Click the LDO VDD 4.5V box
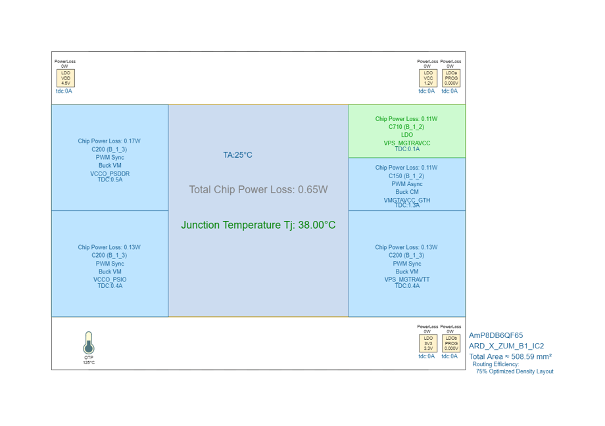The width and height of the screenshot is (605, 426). tap(65, 78)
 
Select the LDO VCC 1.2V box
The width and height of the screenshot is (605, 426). tap(428, 78)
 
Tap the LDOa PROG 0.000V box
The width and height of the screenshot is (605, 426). tap(451, 78)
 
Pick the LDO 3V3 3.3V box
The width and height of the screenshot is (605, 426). tap(428, 343)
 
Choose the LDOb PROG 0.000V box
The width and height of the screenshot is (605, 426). tap(451, 343)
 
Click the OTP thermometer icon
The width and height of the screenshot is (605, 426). tap(89, 343)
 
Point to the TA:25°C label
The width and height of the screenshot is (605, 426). tap(237, 155)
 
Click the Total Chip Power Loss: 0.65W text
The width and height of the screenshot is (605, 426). tap(258, 189)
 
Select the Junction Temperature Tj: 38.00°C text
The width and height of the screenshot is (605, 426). tap(258, 225)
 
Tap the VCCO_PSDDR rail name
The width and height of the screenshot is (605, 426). tap(110, 174)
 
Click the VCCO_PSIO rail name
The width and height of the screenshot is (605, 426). tap(110, 279)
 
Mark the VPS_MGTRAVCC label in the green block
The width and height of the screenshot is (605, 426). tap(407, 143)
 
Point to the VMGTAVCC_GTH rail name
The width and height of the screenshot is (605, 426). tap(407, 200)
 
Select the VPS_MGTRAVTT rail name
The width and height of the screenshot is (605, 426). tap(407, 279)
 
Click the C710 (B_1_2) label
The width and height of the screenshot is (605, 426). tap(406, 127)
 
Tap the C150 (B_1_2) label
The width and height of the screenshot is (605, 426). tap(406, 176)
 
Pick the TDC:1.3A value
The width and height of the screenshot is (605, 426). tap(407, 205)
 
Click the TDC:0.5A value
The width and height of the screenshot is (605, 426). tap(110, 179)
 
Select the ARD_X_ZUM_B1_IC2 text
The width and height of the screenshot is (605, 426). tap(506, 346)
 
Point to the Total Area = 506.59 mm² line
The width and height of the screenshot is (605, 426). tap(510, 356)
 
